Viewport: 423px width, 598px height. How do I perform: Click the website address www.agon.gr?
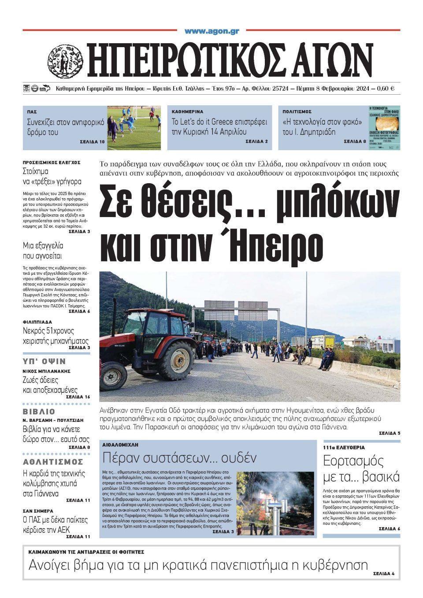click(211, 31)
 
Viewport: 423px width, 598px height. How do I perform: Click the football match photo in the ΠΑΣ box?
click(134, 128)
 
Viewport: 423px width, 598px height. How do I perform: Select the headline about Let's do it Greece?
click(215, 126)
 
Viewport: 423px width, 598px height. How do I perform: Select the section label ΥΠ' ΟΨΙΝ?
click(44, 362)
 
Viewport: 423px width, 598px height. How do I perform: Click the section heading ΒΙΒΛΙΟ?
click(39, 412)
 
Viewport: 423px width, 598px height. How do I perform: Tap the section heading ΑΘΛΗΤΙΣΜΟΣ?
click(53, 461)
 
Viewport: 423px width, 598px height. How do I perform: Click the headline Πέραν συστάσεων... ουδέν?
click(179, 458)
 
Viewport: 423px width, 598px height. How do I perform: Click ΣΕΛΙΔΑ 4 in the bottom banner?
click(383, 574)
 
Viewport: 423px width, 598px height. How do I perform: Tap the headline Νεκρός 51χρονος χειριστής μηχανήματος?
click(56, 336)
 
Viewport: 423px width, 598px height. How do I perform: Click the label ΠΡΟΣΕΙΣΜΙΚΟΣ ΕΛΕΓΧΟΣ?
click(52, 162)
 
